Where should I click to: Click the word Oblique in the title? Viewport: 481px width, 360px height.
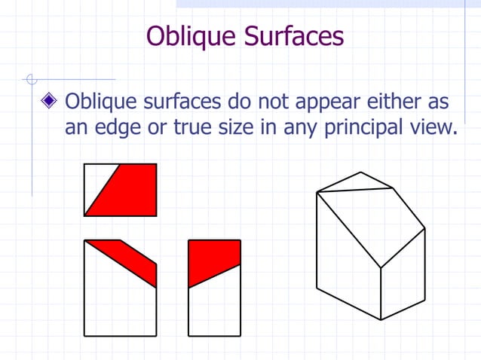[x=187, y=36]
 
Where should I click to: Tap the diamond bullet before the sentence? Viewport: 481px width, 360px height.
[x=51, y=101]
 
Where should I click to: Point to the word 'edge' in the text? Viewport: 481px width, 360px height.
[x=125, y=127]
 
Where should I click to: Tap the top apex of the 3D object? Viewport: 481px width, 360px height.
[x=360, y=172]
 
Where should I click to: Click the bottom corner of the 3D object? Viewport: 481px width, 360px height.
[x=381, y=319]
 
